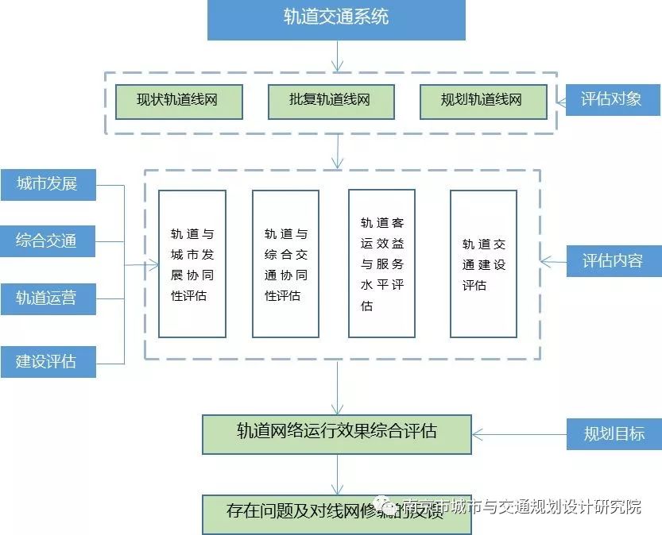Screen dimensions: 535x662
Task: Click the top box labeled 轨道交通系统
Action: pyautogui.click(x=336, y=19)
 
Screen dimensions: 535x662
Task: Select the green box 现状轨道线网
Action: pyautogui.click(x=178, y=102)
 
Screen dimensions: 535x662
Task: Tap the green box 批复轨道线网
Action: pyautogui.click(x=330, y=102)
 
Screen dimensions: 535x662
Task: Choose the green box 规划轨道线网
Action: pyautogui.click(x=482, y=102)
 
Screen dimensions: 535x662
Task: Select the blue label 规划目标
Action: pyautogui.click(x=613, y=433)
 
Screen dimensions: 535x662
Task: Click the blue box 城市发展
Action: pyautogui.click(x=47, y=184)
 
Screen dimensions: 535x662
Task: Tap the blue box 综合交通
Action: pyautogui.click(x=47, y=241)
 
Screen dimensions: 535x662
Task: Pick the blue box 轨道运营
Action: pyautogui.click(x=47, y=298)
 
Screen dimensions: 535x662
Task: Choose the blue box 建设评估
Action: pyautogui.click(x=47, y=361)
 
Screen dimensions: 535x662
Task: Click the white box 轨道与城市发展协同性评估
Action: pyautogui.click(x=192, y=264)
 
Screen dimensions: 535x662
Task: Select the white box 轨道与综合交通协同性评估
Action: pyautogui.click(x=285, y=264)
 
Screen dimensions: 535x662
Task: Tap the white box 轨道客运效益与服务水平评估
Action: pyautogui.click(x=381, y=264)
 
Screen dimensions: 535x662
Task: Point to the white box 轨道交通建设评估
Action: pyautogui.click(x=483, y=264)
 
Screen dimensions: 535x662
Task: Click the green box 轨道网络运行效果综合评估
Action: pyautogui.click(x=336, y=433)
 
